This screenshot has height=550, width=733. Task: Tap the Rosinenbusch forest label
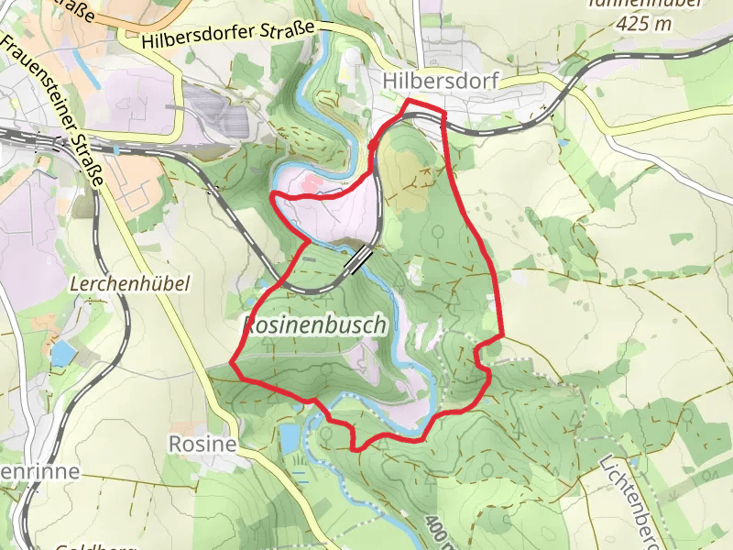point(313,324)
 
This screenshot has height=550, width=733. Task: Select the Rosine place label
point(202,445)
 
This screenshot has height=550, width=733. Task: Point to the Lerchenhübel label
point(129,284)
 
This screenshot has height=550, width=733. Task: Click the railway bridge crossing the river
point(358,259)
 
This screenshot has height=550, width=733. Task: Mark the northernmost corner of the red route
point(409,100)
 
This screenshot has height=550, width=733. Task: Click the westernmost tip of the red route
point(230,364)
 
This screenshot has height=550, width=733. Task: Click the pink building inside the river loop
point(310,187)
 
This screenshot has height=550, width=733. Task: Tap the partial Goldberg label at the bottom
point(82,547)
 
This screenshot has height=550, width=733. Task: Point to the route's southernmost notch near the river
point(355,447)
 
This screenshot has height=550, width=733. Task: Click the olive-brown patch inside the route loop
point(399,170)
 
